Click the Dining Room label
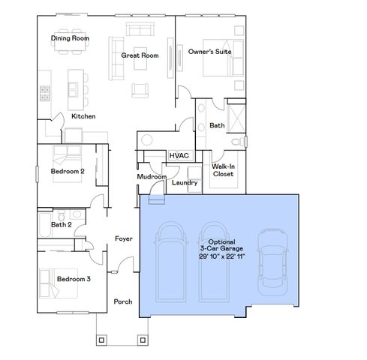[x=71, y=38]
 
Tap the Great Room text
[x=140, y=55]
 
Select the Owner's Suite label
[x=210, y=52]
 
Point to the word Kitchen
[x=83, y=116]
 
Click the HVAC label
[x=179, y=155]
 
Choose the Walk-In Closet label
[x=223, y=170]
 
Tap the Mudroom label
[x=151, y=176]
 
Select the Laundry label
[x=185, y=182]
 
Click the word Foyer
[x=123, y=238]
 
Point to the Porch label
[x=123, y=301]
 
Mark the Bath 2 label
[x=62, y=224]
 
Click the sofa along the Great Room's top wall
[x=142, y=30]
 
